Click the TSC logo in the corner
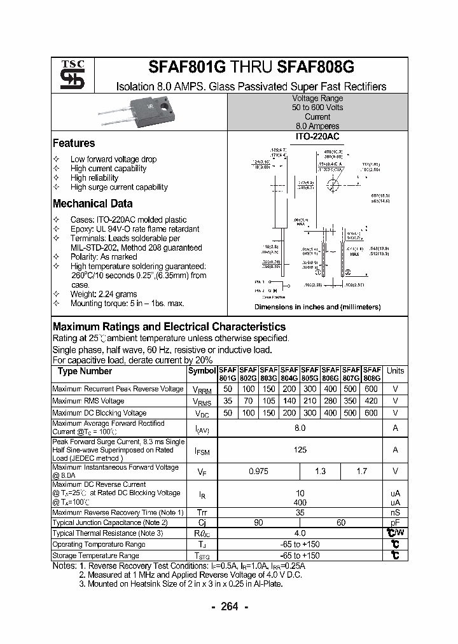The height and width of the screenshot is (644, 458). pos(67,75)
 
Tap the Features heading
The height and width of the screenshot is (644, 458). pos(74,143)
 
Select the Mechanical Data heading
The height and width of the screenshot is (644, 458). pos(92,204)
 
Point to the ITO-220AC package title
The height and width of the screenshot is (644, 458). pos(317,136)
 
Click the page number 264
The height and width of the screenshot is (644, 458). pos(228,606)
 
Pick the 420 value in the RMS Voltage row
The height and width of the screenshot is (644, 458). pos(371,401)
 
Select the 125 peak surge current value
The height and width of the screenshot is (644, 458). pos(300,450)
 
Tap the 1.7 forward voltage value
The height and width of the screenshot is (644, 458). pos(362,472)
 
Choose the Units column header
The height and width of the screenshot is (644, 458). pos(395,371)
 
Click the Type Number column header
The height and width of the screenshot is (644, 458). pos(85,371)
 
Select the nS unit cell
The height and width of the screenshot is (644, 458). pos(395,512)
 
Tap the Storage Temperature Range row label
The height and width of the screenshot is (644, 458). pos(95,556)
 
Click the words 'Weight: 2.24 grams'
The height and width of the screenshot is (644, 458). pos(104,294)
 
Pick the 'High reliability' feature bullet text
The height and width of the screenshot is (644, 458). pos(95,178)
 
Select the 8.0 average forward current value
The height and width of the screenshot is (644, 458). pos(300,428)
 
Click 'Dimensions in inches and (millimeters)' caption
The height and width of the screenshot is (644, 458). pos(317,307)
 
